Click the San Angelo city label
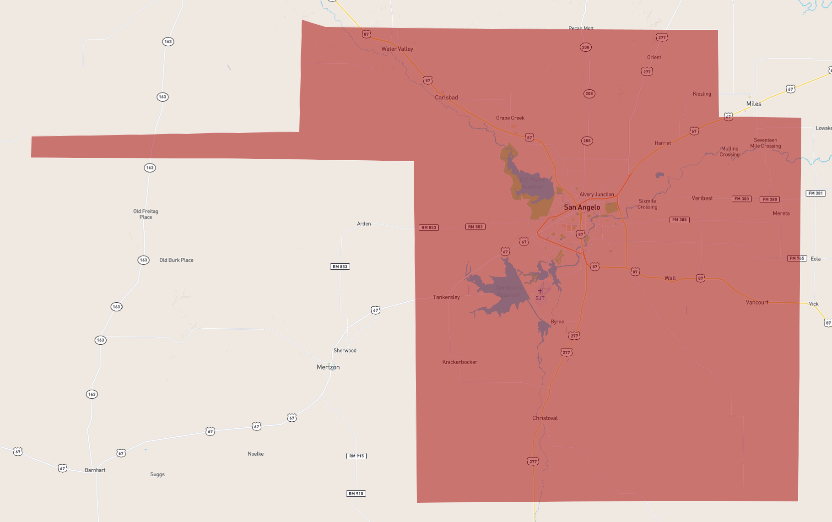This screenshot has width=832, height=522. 582,207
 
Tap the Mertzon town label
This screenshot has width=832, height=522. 328,367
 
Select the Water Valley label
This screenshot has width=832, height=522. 397,49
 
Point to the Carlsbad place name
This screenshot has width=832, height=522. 446,98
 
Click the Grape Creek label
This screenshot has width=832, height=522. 510,118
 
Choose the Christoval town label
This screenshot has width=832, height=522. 545,418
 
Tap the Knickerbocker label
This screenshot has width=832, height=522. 459,362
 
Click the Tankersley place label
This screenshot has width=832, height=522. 446,297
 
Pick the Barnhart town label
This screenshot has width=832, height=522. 95,470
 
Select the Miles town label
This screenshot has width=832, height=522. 754,104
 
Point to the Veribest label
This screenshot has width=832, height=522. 702,198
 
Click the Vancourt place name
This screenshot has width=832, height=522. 757,303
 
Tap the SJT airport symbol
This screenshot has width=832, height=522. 540,291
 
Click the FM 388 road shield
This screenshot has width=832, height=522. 679,220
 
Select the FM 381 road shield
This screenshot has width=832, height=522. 816,193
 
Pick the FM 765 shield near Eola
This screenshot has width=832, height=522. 797,258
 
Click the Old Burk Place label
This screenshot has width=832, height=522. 176,260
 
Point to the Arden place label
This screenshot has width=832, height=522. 364,224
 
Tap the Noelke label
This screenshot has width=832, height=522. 255,454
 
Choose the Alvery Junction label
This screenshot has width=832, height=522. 596,195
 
